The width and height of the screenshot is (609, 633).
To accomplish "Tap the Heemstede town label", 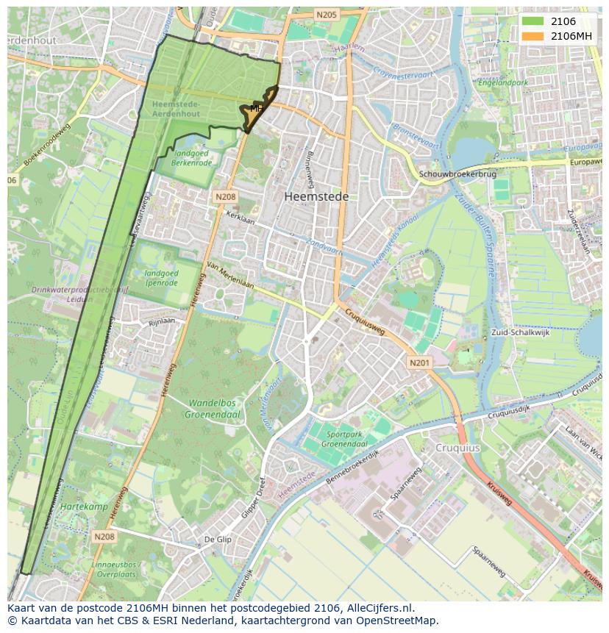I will point(316,197).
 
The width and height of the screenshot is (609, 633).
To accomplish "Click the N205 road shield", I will point(326,15).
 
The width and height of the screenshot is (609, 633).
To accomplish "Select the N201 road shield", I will point(419,362).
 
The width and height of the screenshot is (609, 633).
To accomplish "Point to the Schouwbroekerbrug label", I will point(457,174).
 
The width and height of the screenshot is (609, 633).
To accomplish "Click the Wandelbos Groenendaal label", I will point(215,409).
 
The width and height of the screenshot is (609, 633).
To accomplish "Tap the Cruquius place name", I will point(457,448).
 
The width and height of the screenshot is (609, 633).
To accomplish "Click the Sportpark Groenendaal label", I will point(345,440).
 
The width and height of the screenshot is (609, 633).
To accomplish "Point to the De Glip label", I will point(218,539).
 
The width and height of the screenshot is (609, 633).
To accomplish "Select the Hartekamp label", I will point(84,507).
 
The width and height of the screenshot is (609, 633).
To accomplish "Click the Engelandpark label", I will point(503,83).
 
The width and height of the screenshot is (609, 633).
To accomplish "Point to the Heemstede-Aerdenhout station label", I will point(176,110).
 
